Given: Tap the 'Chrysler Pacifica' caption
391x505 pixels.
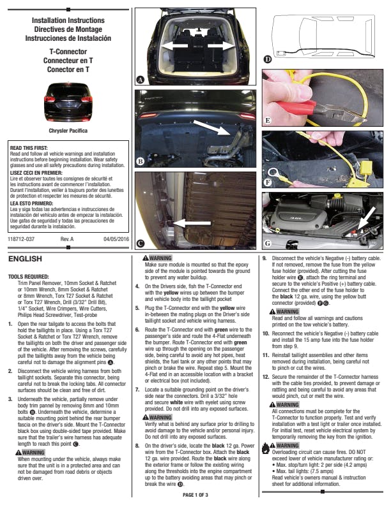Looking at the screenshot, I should pyautogui.click(x=67, y=130).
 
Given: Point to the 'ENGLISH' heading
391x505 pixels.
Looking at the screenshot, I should pyautogui.click(x=25, y=259).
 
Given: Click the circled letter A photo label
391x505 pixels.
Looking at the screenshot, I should pyautogui.click(x=140, y=80).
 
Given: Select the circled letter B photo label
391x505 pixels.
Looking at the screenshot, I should pyautogui.click(x=140, y=162).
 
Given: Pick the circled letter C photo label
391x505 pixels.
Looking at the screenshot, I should pyautogui.click(x=140, y=243).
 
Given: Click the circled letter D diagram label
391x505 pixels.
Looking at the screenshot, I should pyautogui.click(x=268, y=59).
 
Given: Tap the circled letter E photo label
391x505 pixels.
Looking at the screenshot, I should pyautogui.click(x=268, y=120).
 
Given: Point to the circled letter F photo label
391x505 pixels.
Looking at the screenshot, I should pyautogui.click(x=268, y=182).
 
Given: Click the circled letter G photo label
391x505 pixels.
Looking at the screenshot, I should pyautogui.click(x=268, y=243).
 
